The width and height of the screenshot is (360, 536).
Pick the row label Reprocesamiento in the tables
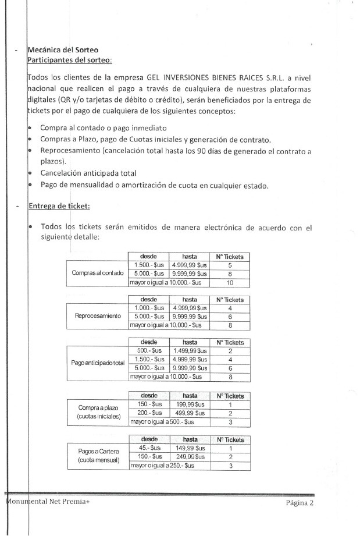click(x=98, y=316)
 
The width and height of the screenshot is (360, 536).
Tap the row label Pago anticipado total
click(x=98, y=363)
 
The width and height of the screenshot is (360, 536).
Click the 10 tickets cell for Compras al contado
click(x=230, y=282)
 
